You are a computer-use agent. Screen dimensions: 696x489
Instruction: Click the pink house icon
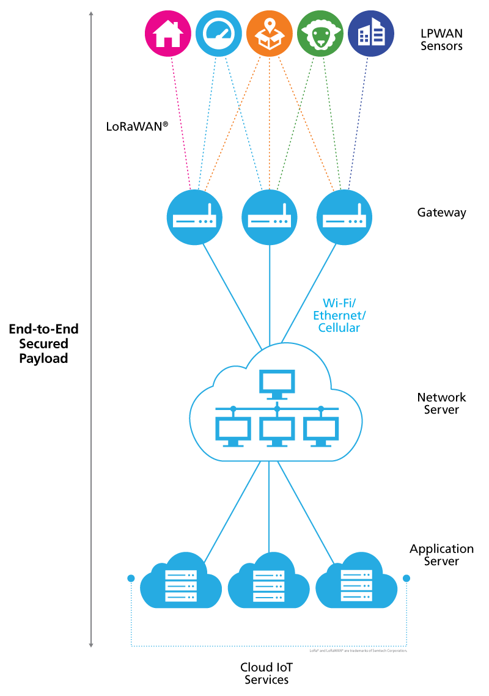pos(168,34)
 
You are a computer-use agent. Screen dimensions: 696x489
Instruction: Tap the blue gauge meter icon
pos(219,34)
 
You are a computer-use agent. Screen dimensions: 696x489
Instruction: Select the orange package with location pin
pos(270,34)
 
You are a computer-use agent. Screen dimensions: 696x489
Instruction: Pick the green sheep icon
pos(320,34)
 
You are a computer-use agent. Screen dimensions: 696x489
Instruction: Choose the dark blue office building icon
pos(371,34)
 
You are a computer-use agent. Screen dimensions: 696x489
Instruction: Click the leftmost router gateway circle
pos(194,217)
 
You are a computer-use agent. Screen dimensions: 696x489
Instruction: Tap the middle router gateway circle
pos(270,217)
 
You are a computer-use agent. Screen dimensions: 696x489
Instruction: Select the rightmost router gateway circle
pos(344,217)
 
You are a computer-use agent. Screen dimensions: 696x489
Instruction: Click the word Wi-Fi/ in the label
pos(339,302)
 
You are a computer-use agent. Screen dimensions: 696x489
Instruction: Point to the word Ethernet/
pos(339,315)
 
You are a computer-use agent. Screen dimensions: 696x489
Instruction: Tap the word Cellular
pos(339,328)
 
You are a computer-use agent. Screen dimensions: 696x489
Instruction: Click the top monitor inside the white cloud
pos(277,384)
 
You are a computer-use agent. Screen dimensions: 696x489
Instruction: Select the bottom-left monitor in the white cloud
pos(233,431)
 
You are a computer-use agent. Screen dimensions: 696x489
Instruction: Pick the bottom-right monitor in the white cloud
pos(321,431)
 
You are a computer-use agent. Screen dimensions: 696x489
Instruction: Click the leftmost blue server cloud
pos(181,584)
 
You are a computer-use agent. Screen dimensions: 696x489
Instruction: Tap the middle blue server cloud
pos(269,584)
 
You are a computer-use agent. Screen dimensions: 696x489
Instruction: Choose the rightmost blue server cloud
pos(356,584)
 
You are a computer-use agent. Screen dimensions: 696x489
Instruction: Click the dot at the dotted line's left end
pos(131,578)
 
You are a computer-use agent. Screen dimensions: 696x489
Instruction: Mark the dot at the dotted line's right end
pos(406,578)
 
